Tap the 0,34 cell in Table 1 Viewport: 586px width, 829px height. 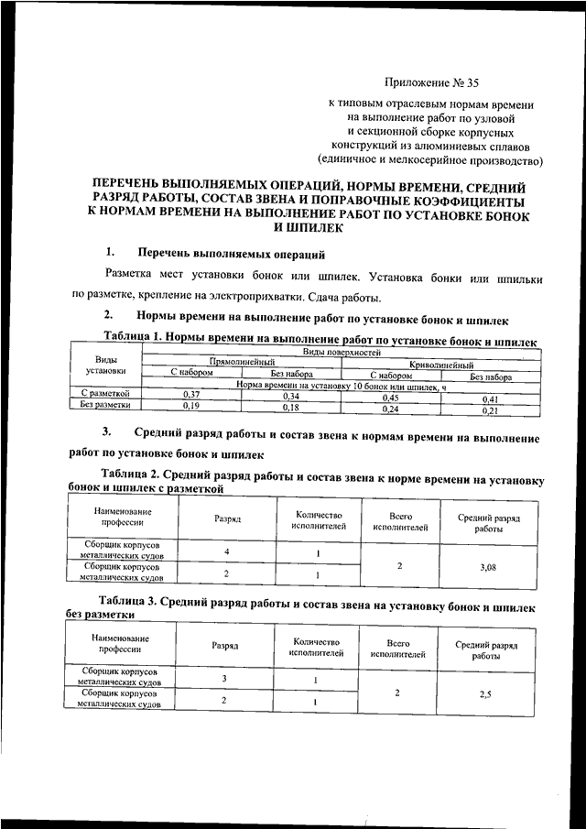pos(290,396)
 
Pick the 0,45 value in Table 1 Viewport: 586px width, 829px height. pos(391,398)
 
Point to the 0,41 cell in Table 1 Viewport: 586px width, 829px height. pos(491,399)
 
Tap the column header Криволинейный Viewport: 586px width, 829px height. pos(441,365)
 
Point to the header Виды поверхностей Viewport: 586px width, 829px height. pos(341,352)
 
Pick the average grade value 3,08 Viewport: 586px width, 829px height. pos(488,568)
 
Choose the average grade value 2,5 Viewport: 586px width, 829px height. pos(485,695)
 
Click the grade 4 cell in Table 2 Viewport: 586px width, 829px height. pos(226,552)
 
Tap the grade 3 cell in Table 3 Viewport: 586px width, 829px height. pos(224,679)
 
